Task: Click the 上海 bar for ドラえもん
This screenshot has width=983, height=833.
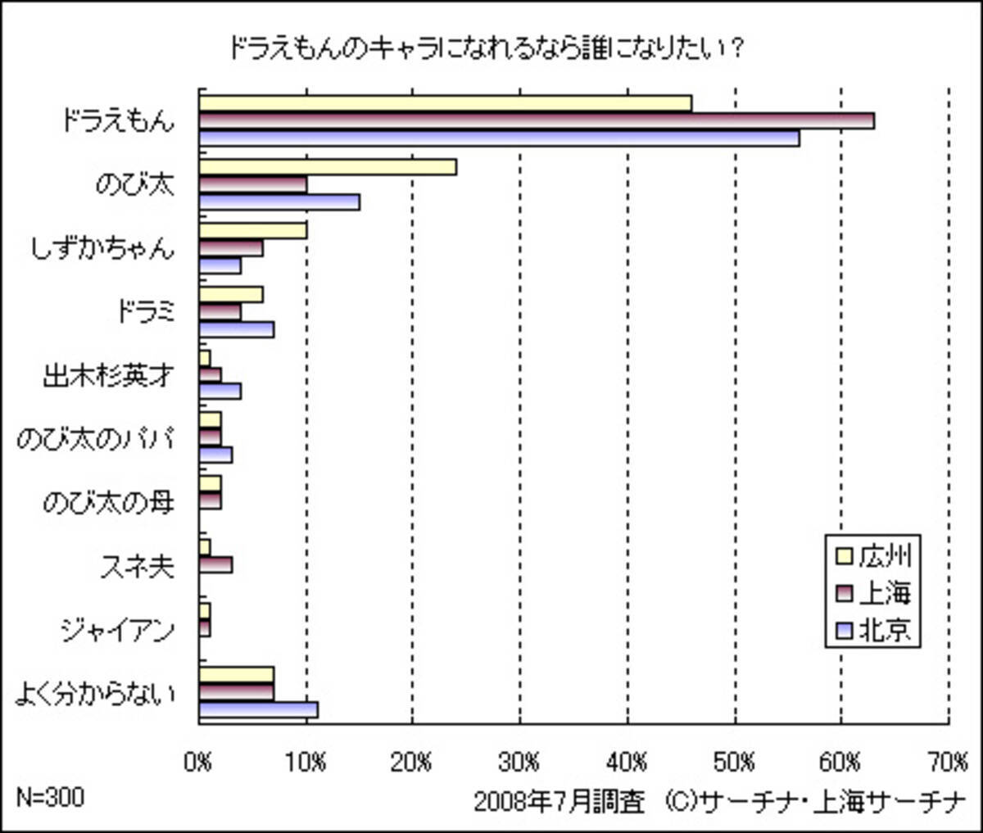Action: click(537, 120)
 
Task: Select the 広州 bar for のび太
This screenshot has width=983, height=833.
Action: click(328, 167)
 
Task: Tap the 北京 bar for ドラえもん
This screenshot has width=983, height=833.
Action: click(500, 138)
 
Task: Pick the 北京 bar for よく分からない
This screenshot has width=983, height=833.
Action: click(258, 709)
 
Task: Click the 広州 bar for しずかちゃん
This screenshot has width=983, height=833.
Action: click(253, 230)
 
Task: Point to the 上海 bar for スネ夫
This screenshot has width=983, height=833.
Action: click(215, 564)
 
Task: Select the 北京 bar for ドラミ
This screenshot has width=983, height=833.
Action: click(237, 329)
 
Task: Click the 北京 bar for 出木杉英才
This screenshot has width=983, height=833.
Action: click(220, 392)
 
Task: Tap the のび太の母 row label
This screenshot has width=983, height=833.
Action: click(108, 501)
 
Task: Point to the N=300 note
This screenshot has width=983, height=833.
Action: click(50, 797)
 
